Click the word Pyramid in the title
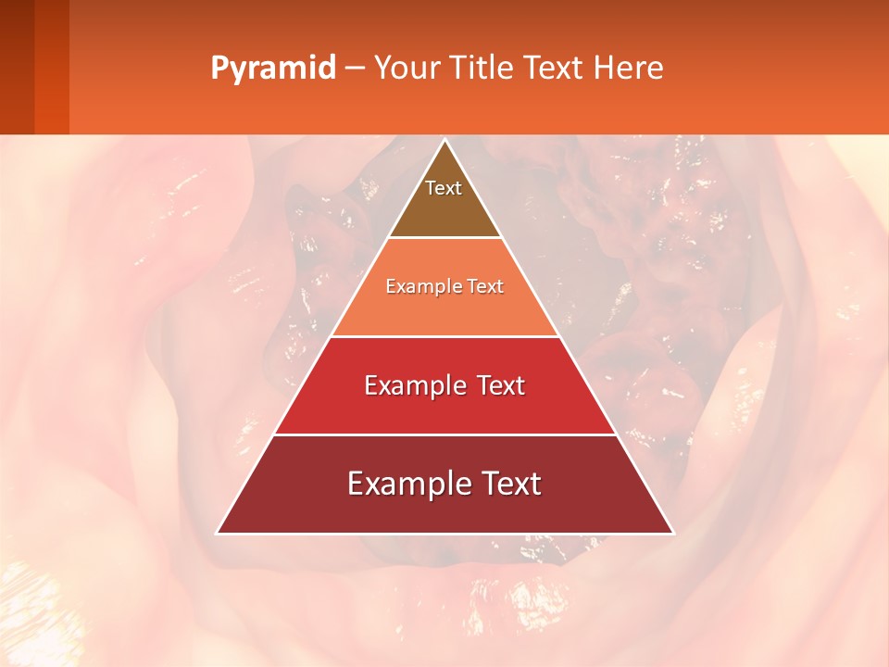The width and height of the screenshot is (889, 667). (x=273, y=69)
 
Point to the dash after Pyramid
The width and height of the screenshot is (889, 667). (x=355, y=69)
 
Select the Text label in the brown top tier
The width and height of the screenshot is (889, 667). (x=444, y=188)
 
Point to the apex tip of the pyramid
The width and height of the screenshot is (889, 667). (x=444, y=141)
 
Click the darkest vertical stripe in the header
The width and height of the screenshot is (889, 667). (x=17, y=67)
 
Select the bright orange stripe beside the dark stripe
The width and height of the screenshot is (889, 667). (x=52, y=67)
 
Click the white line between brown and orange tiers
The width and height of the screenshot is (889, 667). (x=444, y=237)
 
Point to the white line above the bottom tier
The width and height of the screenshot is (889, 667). (x=444, y=434)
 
